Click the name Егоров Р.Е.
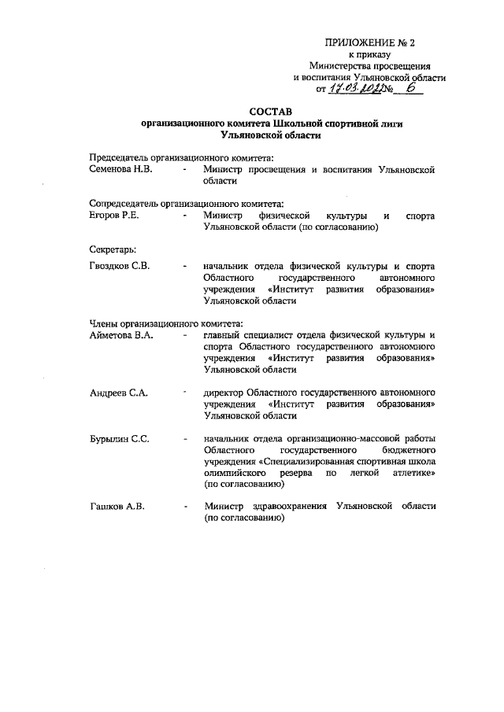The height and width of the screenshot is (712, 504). tap(115, 215)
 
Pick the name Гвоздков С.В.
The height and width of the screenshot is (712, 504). tap(119, 266)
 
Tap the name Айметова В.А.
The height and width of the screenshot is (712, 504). tap(120, 334)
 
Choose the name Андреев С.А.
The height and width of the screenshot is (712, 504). tap(118, 391)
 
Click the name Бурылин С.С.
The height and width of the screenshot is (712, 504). tap(120, 438)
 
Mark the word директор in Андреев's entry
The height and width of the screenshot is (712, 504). tap(224, 391)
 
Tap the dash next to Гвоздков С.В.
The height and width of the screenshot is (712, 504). tap(183, 266)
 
